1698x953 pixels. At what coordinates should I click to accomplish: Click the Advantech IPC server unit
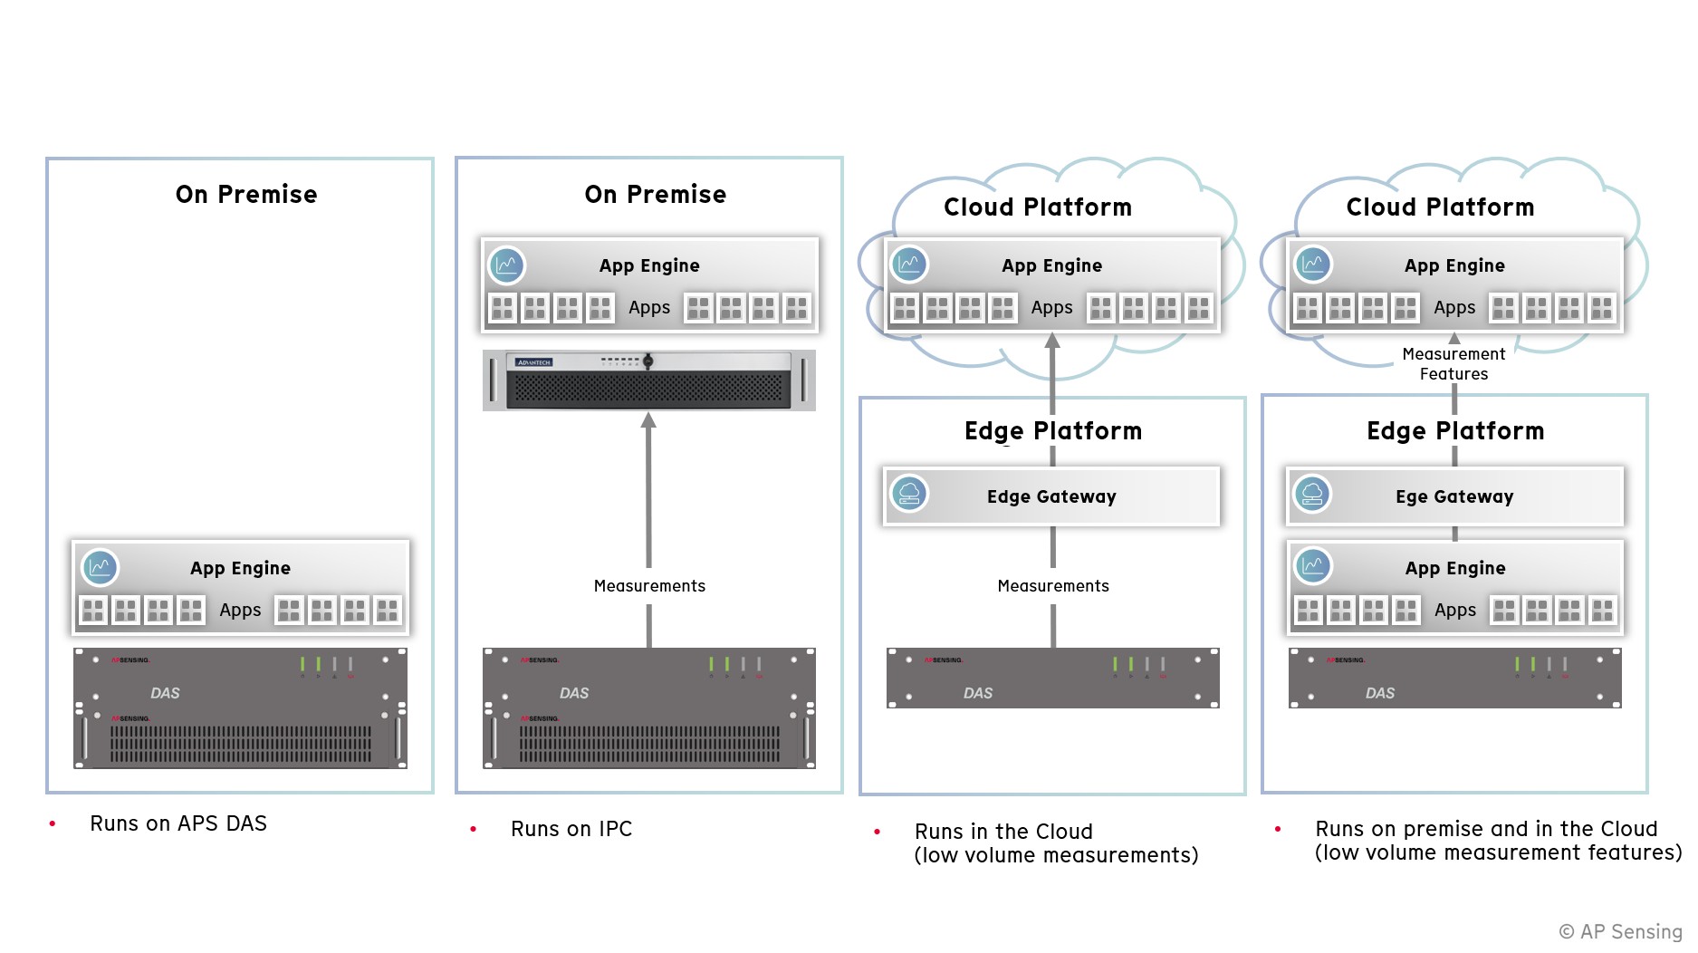tap(648, 380)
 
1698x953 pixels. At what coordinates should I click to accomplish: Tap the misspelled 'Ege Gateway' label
tap(1454, 496)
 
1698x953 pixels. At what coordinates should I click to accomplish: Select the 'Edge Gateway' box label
tap(1051, 496)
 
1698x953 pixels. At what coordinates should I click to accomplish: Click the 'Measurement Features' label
tap(1453, 364)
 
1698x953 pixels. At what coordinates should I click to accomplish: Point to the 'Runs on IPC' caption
tap(571, 829)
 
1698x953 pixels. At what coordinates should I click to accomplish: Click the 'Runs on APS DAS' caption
tap(178, 823)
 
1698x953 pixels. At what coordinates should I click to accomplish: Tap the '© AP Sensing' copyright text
tap(1620, 931)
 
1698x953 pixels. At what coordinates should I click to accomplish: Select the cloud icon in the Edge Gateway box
tap(909, 494)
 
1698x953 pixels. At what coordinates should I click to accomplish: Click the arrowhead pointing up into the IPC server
tap(648, 420)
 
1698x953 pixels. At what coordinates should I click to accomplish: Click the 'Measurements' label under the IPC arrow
tap(649, 586)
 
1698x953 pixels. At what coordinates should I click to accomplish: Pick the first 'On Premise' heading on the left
tap(246, 195)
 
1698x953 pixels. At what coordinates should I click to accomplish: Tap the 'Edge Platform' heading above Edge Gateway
tap(1053, 431)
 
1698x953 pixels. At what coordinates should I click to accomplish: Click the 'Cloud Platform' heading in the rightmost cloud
tap(1440, 207)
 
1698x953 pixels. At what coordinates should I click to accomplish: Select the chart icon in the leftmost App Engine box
tap(100, 567)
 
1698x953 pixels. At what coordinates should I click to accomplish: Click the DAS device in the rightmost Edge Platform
tap(1454, 679)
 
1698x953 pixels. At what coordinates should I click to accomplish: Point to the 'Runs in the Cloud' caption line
tap(1003, 832)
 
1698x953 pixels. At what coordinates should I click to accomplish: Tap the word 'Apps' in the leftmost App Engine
tap(240, 611)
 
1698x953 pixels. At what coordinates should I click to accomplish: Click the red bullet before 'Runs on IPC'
tap(473, 829)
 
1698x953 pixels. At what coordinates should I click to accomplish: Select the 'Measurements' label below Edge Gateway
tap(1053, 586)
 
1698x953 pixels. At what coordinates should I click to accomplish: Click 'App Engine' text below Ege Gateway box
tap(1455, 568)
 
